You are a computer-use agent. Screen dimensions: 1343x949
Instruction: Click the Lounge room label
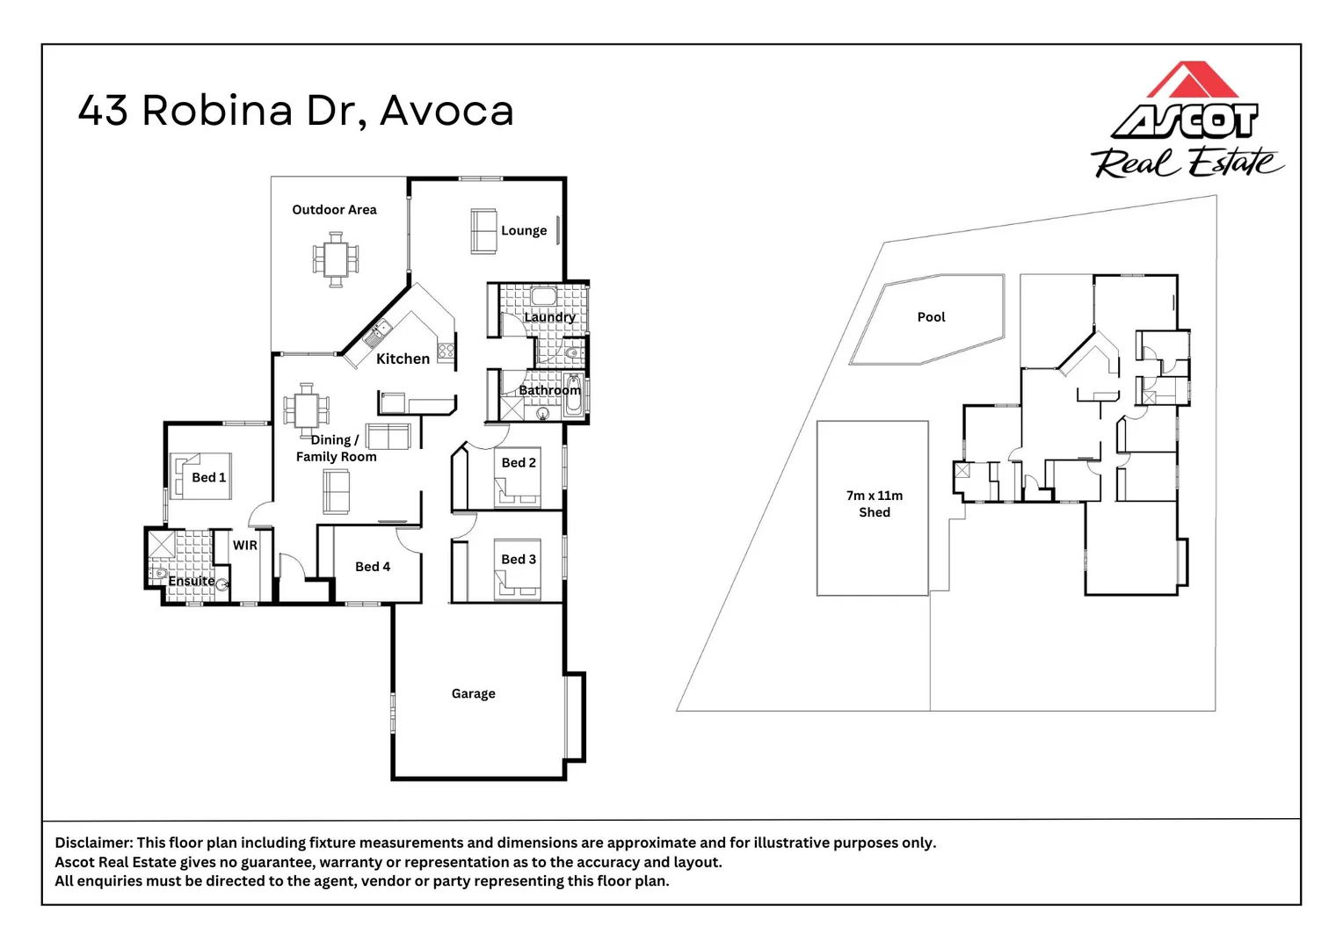pos(524,231)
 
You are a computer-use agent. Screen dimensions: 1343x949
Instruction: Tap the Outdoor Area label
pos(334,210)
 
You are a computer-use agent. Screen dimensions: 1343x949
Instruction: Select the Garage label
pos(473,693)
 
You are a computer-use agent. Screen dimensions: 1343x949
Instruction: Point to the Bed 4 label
pos(373,567)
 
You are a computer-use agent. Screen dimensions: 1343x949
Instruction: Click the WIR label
pos(244,545)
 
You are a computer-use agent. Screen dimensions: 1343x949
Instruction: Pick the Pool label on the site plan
pos(931,317)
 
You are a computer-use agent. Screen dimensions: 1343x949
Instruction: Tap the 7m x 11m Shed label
pos(875,503)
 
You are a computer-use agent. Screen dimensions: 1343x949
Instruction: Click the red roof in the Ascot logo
pos(1192,79)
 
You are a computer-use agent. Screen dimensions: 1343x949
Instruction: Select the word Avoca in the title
pos(446,111)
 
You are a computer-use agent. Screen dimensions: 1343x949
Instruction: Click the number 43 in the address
pos(103,111)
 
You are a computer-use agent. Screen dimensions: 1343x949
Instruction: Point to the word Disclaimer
pos(93,843)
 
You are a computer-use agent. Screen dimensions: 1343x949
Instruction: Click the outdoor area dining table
pos(336,259)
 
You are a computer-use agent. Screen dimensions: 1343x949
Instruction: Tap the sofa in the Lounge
pos(483,231)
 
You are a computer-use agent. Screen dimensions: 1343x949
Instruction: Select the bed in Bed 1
pos(201,476)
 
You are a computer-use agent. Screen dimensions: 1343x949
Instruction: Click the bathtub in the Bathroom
pos(574,395)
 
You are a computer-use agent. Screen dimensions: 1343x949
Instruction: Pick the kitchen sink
pos(377,333)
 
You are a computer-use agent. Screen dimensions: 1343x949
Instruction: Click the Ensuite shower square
pos(161,544)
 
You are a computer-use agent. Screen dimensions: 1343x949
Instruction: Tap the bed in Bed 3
pos(518,569)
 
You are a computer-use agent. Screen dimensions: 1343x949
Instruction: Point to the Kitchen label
pos(403,359)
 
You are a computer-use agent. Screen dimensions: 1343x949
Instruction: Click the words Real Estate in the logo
pos(1186,163)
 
